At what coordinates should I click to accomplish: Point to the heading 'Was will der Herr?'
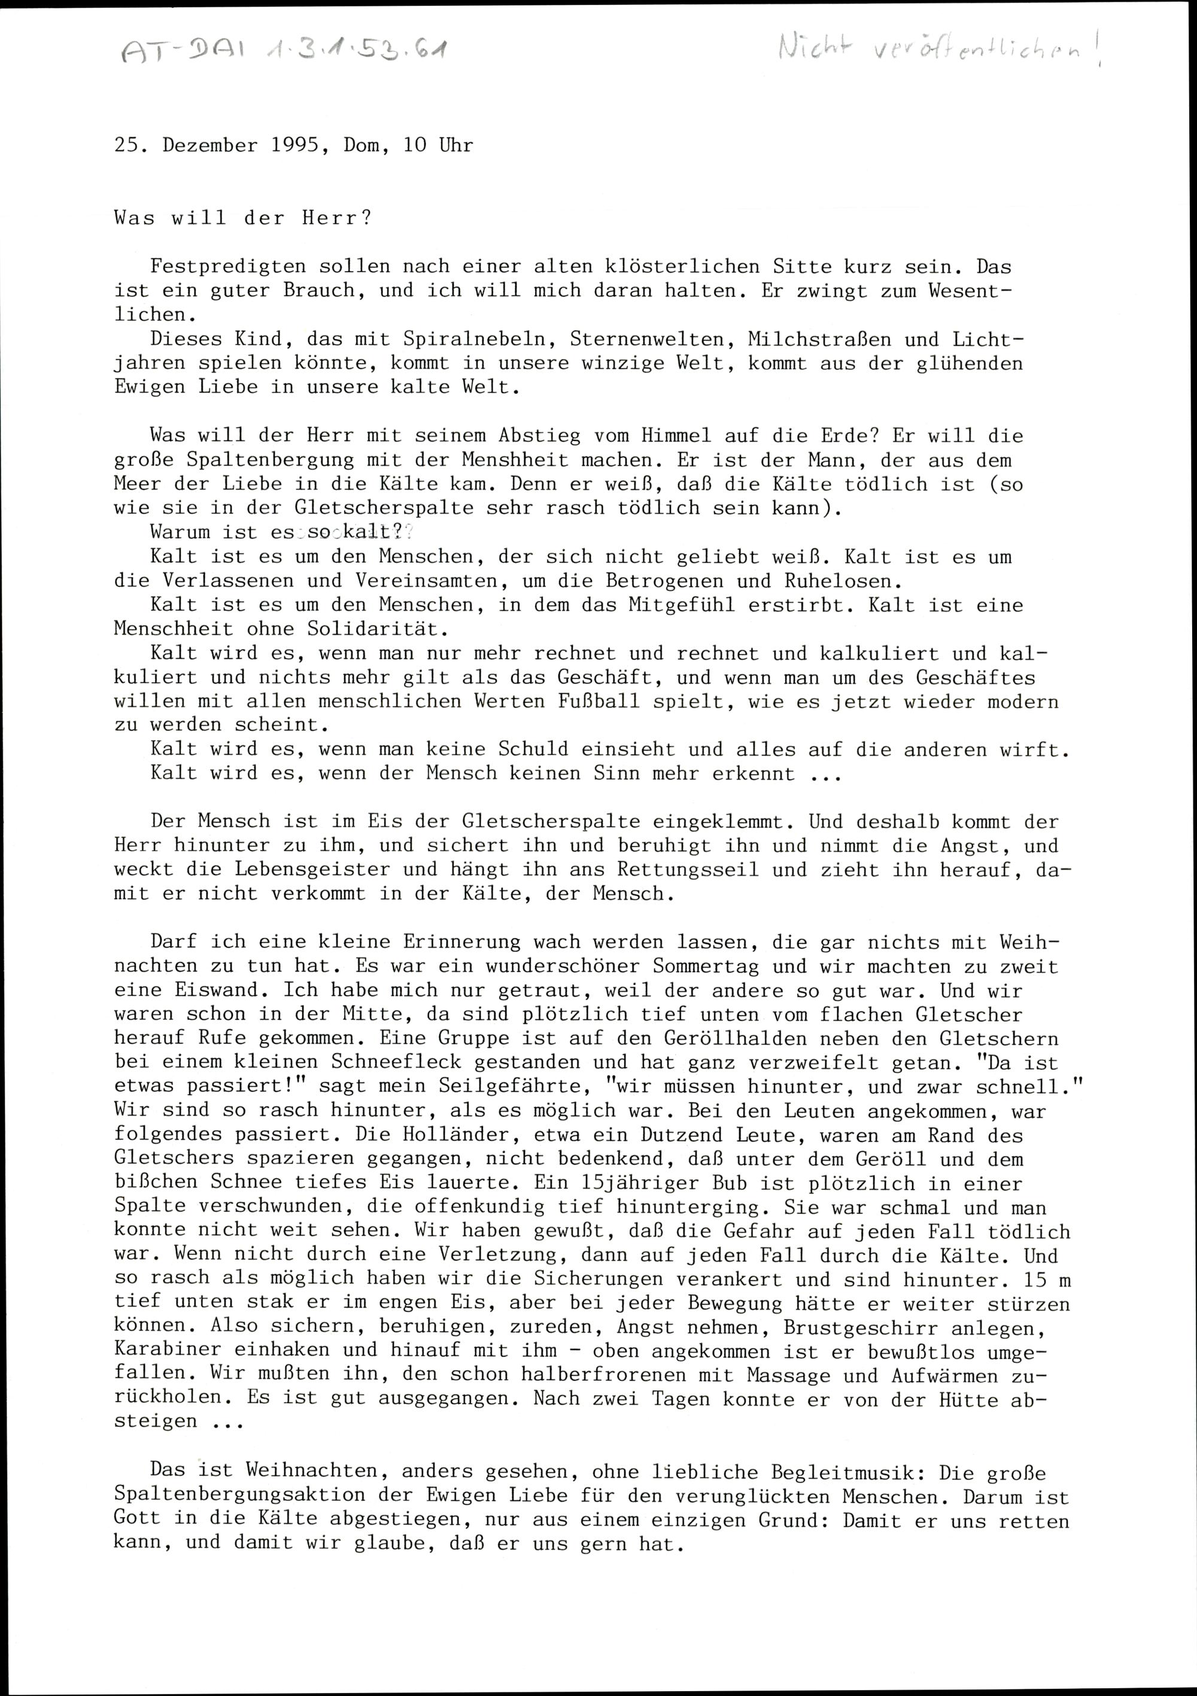coord(243,218)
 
